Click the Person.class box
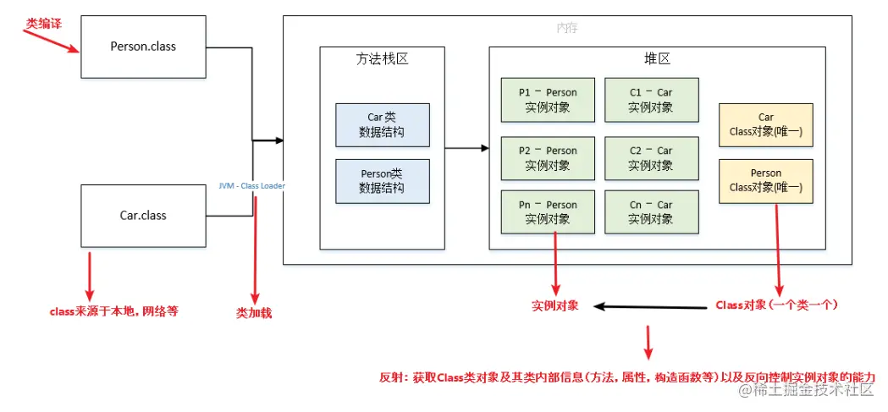pyautogui.click(x=143, y=47)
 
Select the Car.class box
pyautogui.click(x=143, y=216)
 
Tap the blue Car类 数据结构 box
pyautogui.click(x=382, y=125)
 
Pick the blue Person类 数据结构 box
pyautogui.click(x=382, y=181)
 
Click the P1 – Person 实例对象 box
pyautogui.click(x=548, y=100)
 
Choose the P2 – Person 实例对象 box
pyautogui.click(x=548, y=157)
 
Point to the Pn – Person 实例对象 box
pyautogui.click(x=548, y=211)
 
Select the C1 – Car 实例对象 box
pyautogui.click(x=650, y=100)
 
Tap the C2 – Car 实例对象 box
pyautogui.click(x=650, y=157)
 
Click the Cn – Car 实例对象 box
pyautogui.click(x=650, y=211)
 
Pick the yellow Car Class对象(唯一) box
pyautogui.click(x=765, y=124)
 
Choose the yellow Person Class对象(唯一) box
pyautogui.click(x=765, y=180)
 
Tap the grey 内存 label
pyautogui.click(x=567, y=28)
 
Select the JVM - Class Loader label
pyautogui.click(x=252, y=184)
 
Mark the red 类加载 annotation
pyautogui.click(x=254, y=312)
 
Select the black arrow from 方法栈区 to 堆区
pyautogui.click(x=466, y=149)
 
